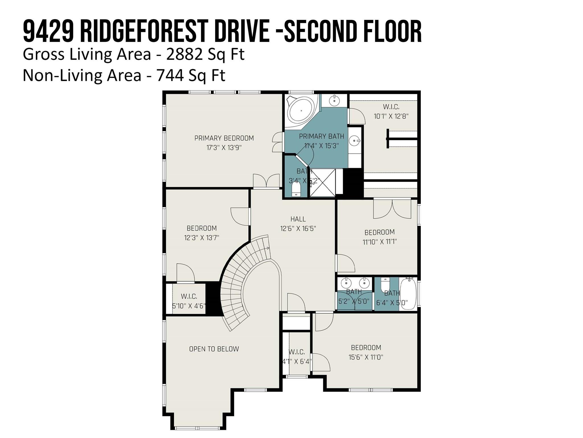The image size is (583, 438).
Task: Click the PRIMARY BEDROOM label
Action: pyautogui.click(x=224, y=138)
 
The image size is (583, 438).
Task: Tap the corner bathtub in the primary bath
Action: pyautogui.click(x=301, y=111)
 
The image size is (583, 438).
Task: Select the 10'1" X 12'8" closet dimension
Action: pyautogui.click(x=391, y=116)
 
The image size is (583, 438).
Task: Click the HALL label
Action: pyautogui.click(x=298, y=219)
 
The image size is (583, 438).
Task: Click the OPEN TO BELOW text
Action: pyautogui.click(x=214, y=349)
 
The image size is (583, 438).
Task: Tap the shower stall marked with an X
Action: pyautogui.click(x=323, y=183)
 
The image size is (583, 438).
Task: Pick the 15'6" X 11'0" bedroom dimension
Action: pyautogui.click(x=366, y=357)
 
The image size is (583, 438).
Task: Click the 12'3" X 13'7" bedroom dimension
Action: pyautogui.click(x=202, y=238)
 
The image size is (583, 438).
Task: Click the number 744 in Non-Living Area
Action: pyautogui.click(x=170, y=75)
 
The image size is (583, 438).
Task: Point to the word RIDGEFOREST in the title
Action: pyautogui.click(x=145, y=32)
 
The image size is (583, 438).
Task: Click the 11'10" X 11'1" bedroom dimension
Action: pyautogui.click(x=379, y=242)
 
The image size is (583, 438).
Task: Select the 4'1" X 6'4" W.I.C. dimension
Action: pyautogui.click(x=297, y=362)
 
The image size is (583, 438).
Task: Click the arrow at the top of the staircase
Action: pyautogui.click(x=267, y=248)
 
